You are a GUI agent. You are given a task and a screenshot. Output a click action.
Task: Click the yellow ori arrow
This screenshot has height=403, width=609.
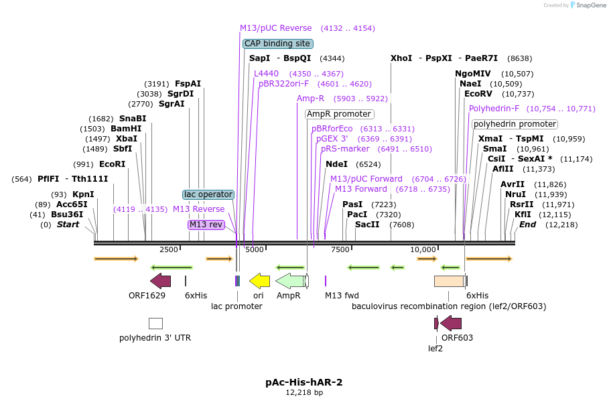click(259, 280)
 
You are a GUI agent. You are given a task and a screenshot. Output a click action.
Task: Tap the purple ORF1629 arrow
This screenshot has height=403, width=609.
click(160, 280)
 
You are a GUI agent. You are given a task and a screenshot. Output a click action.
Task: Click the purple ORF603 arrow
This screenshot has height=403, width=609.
click(451, 323)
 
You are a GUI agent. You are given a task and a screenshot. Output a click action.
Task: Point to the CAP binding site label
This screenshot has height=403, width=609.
click(277, 44)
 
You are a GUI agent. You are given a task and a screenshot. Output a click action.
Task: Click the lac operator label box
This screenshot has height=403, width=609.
click(208, 194)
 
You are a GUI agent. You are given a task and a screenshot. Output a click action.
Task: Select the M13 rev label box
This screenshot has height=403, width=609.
click(206, 225)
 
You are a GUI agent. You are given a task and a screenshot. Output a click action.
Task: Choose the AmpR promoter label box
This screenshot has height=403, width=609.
click(339, 114)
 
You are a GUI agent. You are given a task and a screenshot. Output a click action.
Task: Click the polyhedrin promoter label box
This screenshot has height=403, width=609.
click(515, 124)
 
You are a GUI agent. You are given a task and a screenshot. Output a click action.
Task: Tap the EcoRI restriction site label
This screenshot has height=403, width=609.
click(112, 164)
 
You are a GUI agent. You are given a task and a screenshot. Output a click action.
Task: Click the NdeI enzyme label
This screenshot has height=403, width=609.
click(336, 164)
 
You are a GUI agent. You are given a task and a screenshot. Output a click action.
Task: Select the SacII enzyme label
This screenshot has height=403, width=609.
click(367, 225)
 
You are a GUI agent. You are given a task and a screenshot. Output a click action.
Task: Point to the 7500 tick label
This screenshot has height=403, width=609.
click(340, 250)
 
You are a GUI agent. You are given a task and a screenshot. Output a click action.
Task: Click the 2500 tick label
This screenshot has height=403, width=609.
click(169, 250)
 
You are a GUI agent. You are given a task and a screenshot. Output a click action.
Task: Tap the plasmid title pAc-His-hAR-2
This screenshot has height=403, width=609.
click(304, 382)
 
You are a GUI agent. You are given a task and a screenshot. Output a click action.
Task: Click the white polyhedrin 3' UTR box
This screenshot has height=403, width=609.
click(155, 323)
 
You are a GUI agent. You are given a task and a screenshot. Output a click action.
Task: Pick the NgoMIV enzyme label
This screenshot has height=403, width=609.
click(473, 74)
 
